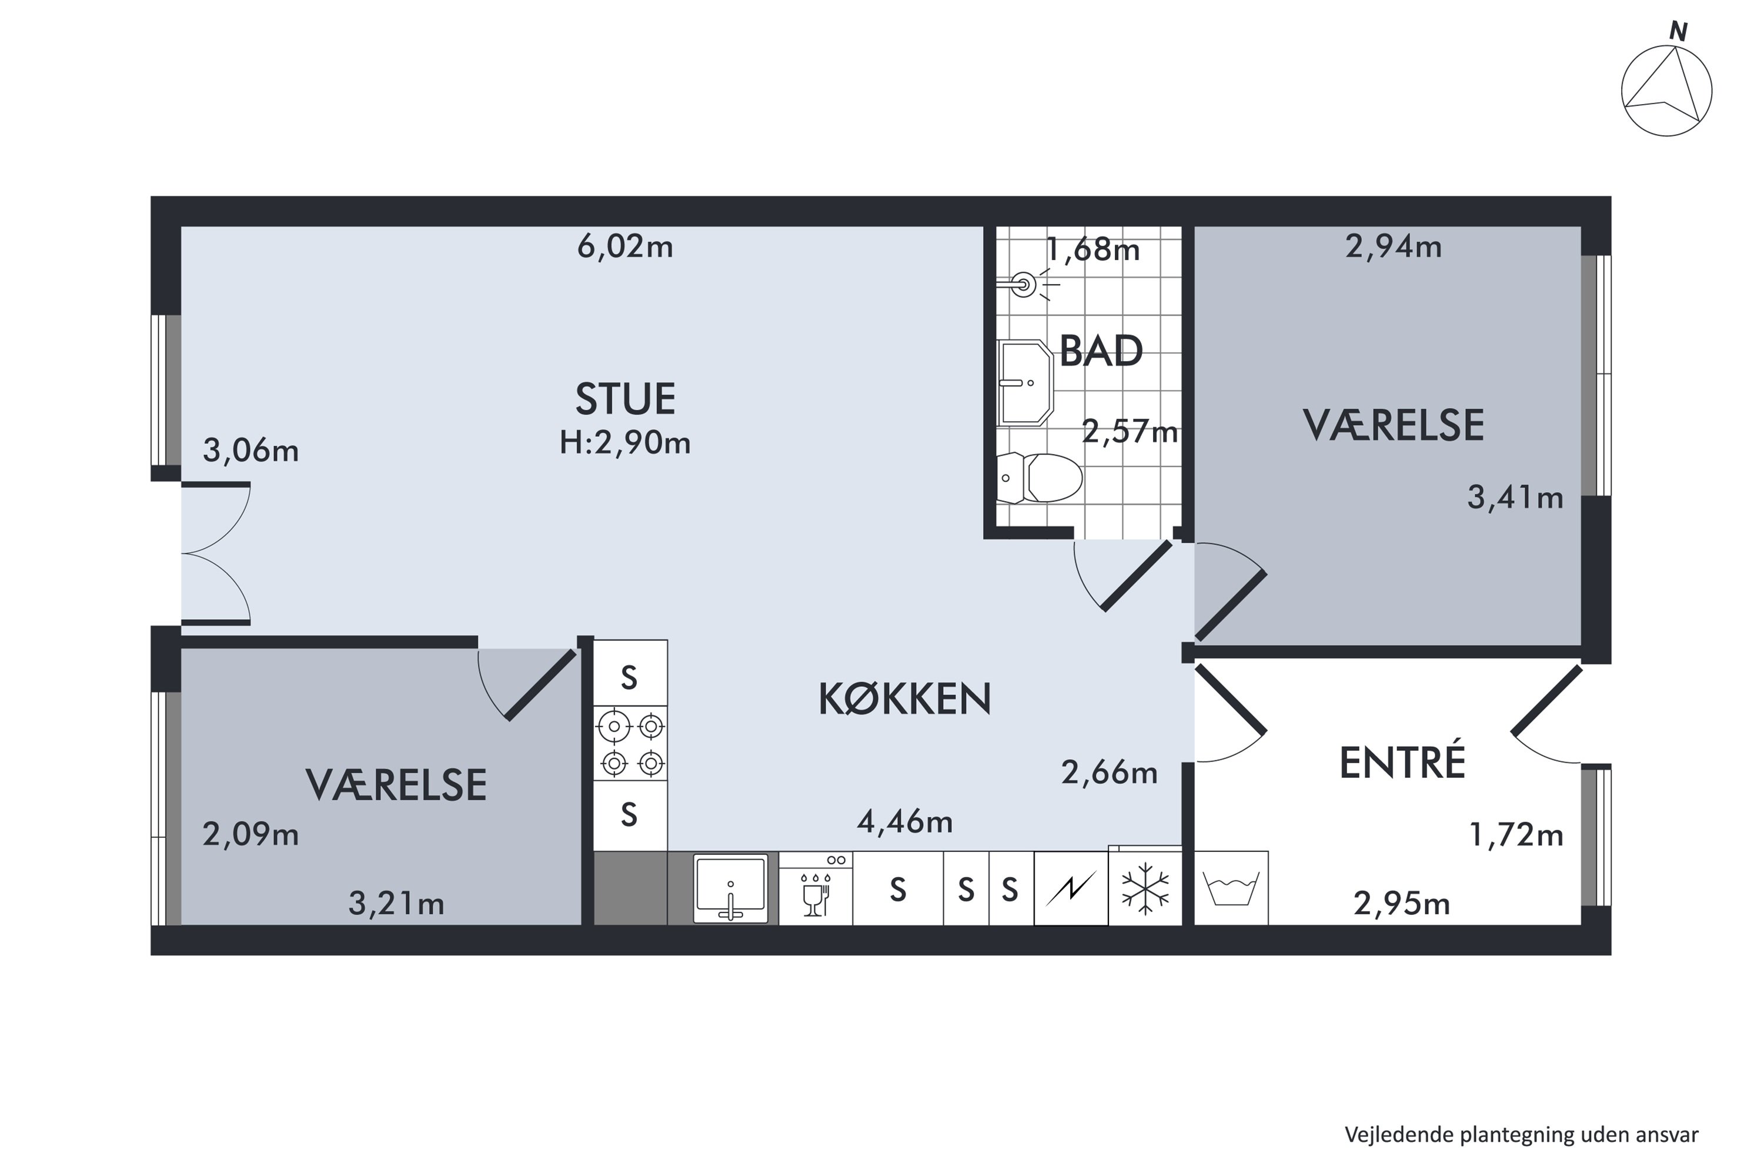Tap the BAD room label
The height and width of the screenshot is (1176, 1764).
[1100, 351]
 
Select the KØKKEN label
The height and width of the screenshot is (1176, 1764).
[904, 699]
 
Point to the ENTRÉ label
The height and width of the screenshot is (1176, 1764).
[1402, 763]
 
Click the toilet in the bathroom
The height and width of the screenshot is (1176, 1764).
[1040, 477]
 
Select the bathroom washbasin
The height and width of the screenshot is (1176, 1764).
[1024, 383]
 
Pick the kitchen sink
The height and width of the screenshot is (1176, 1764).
[730, 888]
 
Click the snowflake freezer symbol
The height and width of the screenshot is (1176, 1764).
[1144, 888]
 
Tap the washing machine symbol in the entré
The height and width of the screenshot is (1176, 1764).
[1230, 888]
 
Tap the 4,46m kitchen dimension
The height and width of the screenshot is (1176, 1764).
[904, 823]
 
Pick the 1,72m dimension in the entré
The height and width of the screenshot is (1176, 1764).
[1515, 835]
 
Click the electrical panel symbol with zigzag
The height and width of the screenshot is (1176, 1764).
[1070, 888]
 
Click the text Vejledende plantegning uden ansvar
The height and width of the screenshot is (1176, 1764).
[1521, 1135]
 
